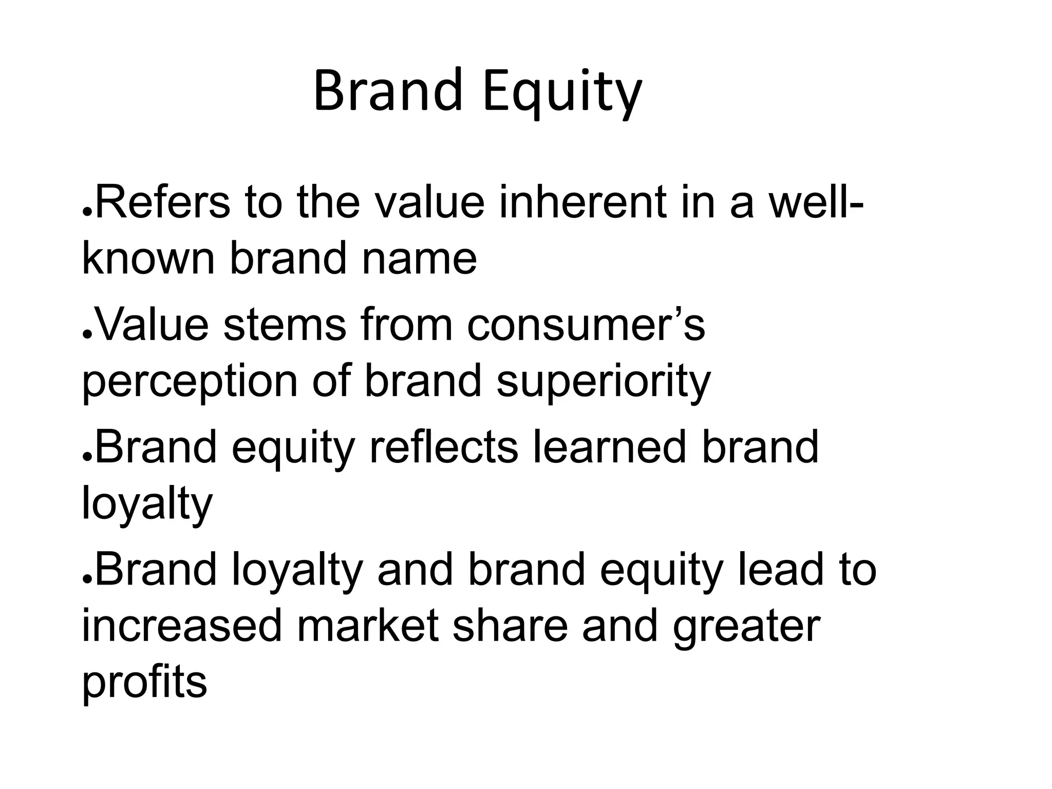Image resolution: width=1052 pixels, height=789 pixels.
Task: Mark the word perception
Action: [x=190, y=383]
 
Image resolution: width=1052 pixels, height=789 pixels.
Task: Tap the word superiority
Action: [x=604, y=383]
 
